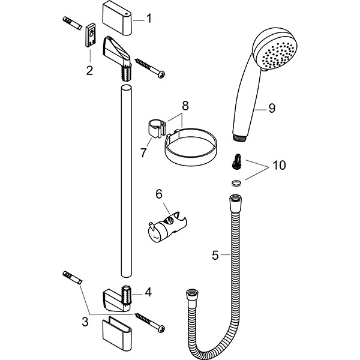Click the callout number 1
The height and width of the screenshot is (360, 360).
click(149, 19)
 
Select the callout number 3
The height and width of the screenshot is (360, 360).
click(85, 322)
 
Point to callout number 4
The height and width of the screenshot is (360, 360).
click(148, 293)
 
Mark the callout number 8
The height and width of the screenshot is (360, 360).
click(185, 105)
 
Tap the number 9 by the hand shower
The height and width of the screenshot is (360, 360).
click(272, 108)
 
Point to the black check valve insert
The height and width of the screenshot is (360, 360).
click(236, 161)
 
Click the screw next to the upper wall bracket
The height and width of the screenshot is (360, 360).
click(150, 67)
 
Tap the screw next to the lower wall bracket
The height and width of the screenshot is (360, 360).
click(151, 322)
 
